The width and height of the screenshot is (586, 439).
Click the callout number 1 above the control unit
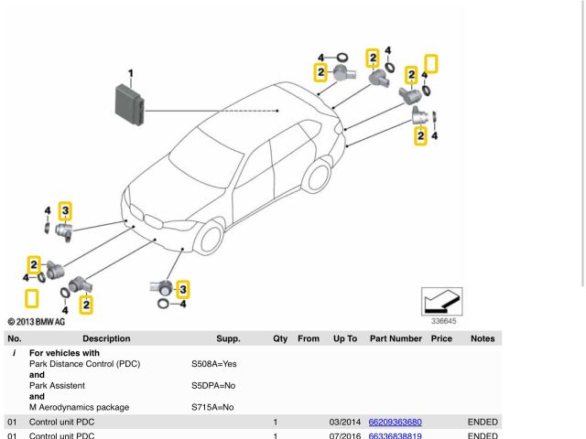tap(130, 73)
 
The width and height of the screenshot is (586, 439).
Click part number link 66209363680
tap(395, 423)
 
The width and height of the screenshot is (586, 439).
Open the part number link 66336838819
tap(395, 436)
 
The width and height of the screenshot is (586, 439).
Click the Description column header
tap(106, 338)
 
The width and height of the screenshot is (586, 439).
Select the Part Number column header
tap(396, 338)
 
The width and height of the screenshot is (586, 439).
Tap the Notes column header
tap(482, 338)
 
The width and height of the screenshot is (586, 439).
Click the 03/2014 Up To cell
tap(342, 423)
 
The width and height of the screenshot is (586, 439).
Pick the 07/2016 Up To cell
tap(342, 436)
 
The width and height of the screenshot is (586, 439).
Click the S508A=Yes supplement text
tap(213, 364)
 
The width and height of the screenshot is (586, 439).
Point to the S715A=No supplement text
tap(212, 407)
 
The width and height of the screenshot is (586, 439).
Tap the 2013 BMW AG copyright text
tap(36, 322)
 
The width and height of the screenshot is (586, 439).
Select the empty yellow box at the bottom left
tap(32, 299)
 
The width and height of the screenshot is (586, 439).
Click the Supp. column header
tap(228, 338)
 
